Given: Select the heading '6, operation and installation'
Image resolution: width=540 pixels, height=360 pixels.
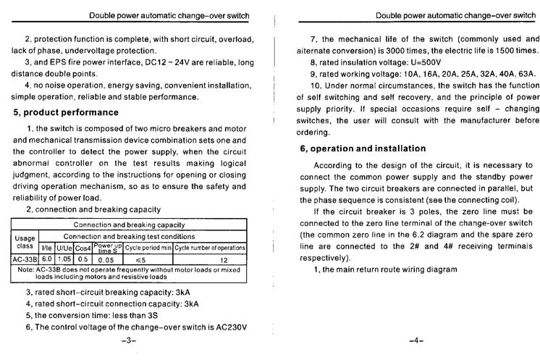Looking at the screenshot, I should pyautogui.click(x=363, y=148).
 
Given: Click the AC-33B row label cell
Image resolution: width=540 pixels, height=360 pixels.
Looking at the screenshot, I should pyautogui.click(x=24, y=259).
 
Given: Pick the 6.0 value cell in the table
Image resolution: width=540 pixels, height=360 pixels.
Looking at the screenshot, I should pyautogui.click(x=47, y=259).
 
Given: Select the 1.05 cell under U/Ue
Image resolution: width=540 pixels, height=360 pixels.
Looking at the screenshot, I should pyautogui.click(x=64, y=259).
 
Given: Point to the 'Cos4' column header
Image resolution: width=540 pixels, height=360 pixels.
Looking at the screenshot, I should pyautogui.click(x=83, y=248).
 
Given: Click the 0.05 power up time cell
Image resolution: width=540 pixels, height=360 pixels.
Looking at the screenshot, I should pyautogui.click(x=107, y=259).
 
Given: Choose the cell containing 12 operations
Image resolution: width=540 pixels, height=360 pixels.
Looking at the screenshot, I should pyautogui.click(x=224, y=259).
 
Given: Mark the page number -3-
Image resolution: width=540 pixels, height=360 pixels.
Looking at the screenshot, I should pyautogui.click(x=129, y=339).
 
